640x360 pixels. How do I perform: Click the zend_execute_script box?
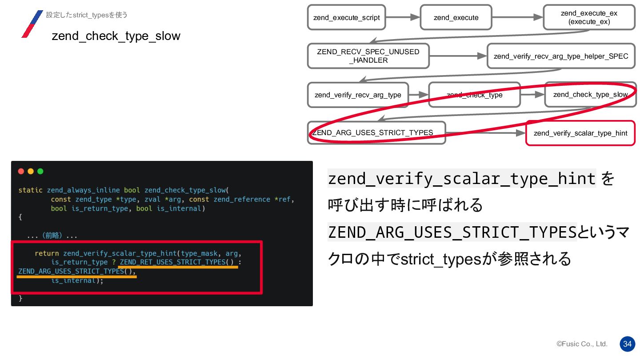(x=346, y=18)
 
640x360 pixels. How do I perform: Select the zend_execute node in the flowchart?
(x=456, y=18)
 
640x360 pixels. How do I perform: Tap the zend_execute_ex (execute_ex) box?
(x=589, y=18)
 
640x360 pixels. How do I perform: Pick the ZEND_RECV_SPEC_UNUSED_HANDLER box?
(x=368, y=56)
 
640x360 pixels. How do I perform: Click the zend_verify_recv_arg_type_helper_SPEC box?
(x=561, y=56)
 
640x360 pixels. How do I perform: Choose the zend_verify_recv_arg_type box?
(x=358, y=95)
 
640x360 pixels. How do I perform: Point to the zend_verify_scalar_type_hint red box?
(x=580, y=133)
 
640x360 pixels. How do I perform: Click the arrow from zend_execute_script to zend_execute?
(x=403, y=17)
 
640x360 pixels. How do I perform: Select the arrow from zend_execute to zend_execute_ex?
(x=517, y=17)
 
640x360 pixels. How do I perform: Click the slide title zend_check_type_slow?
(x=116, y=36)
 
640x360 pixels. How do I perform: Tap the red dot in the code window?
(x=21, y=171)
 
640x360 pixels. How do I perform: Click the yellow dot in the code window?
(x=31, y=171)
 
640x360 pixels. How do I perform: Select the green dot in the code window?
(x=40, y=171)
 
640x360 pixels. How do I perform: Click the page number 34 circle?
(x=627, y=344)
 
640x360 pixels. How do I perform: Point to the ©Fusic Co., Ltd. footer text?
(x=582, y=344)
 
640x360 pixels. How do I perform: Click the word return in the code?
(x=47, y=253)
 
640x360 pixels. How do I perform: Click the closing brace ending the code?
(x=20, y=299)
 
